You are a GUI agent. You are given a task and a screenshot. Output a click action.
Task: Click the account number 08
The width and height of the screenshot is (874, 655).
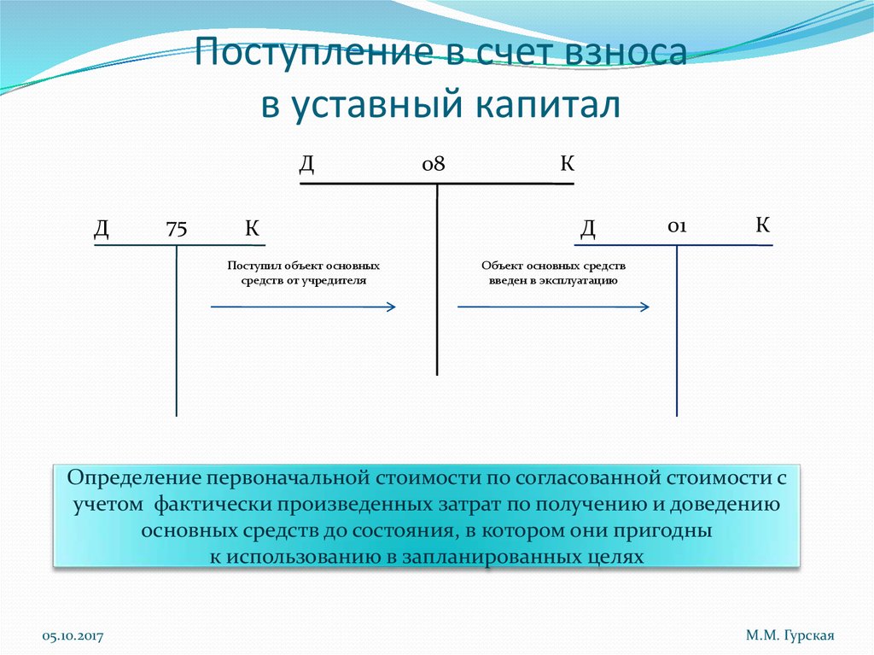click(x=434, y=164)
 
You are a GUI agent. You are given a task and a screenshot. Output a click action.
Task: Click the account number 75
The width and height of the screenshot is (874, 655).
click(x=177, y=228)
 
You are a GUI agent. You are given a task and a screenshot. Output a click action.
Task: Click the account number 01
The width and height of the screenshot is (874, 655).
click(x=678, y=226)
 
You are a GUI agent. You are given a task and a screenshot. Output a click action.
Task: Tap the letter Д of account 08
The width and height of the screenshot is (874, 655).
click(x=306, y=163)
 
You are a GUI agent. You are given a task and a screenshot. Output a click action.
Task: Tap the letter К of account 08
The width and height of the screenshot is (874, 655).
click(x=567, y=163)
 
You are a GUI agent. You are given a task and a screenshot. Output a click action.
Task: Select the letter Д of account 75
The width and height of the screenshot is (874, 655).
click(x=102, y=228)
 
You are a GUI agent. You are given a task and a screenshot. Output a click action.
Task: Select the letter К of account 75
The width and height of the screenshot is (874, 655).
click(x=252, y=228)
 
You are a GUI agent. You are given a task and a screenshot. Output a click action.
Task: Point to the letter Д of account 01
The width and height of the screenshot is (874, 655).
click(x=588, y=228)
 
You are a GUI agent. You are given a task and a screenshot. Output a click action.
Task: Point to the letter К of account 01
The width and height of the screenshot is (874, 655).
click(x=762, y=225)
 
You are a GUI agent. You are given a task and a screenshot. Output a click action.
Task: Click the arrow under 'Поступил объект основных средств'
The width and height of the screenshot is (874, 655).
click(x=302, y=307)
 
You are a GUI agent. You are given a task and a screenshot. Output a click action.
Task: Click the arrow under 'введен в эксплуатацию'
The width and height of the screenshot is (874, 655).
click(x=553, y=307)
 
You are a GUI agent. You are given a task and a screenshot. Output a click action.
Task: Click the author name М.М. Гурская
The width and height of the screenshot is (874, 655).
click(x=789, y=635)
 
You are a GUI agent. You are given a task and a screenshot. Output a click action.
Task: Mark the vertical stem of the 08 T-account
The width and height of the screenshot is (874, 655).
click(x=437, y=282)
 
